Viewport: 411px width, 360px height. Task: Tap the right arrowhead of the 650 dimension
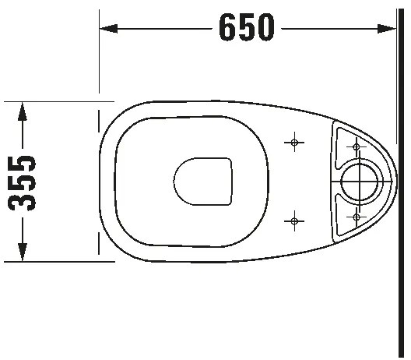point(389,29)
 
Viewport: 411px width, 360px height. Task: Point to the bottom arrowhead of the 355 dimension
point(23,252)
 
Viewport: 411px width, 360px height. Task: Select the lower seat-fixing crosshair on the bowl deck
point(293,221)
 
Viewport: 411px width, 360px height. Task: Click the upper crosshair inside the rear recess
point(357,146)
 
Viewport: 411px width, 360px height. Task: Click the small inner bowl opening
point(201,182)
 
